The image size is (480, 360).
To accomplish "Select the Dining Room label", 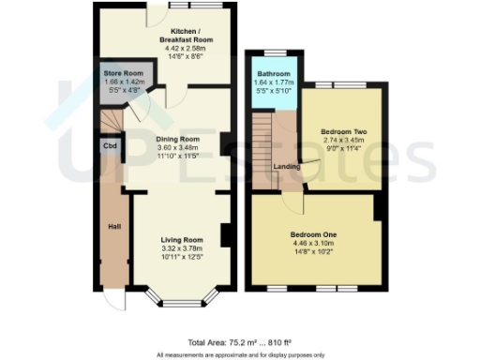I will tap(179, 138).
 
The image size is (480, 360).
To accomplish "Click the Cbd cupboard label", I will tap(109, 146).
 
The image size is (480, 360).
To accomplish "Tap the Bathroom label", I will tap(275, 72).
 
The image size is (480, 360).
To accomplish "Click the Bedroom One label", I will tap(313, 233).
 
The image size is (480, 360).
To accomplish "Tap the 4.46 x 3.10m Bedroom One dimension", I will tap(313, 242).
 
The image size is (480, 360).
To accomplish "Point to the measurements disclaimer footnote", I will tap(240, 353).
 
